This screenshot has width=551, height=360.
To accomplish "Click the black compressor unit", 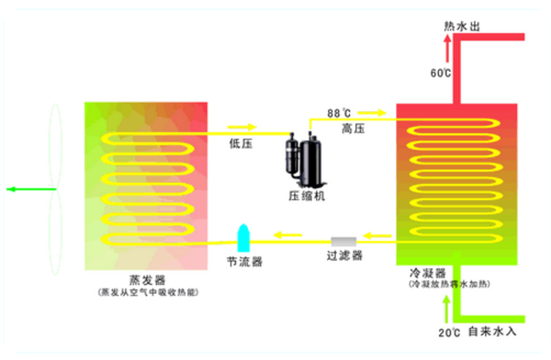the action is point(303,155).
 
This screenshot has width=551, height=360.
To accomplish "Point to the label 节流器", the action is point(244,262).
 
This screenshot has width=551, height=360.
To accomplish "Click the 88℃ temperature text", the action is point(339,114).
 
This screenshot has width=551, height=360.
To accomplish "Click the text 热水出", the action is point(462,26).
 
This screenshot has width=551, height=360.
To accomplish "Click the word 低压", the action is point(242,143).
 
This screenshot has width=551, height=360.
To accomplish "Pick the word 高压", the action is point(353,128).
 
